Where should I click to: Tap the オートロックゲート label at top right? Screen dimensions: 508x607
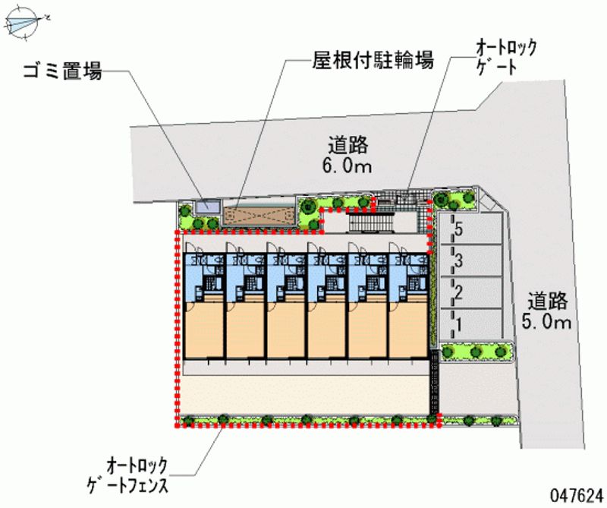505,58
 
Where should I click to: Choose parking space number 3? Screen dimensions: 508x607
458,263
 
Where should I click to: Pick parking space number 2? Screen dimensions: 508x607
458,292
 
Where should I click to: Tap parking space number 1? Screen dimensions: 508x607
458,324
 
